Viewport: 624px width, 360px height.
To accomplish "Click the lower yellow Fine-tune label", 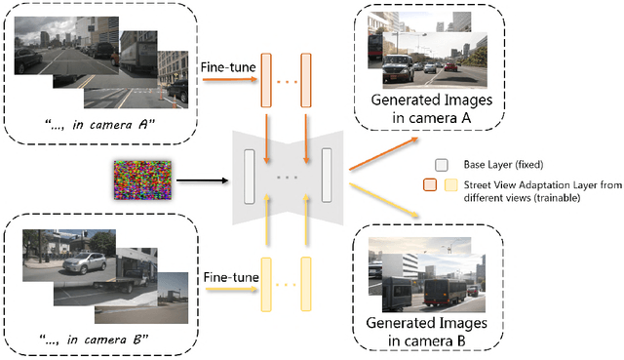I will tap(231, 278).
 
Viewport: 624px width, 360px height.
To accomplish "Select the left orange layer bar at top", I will tap(262, 82).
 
